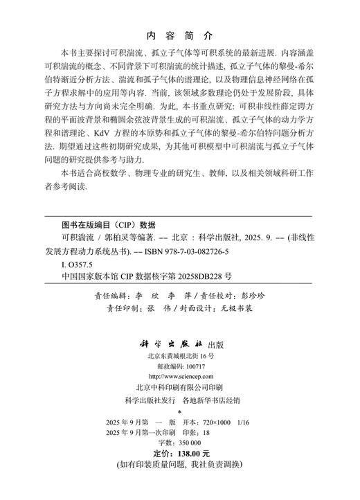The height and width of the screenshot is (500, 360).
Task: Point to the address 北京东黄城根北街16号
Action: [x=180, y=355]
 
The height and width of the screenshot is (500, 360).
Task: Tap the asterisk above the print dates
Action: [x=180, y=411]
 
